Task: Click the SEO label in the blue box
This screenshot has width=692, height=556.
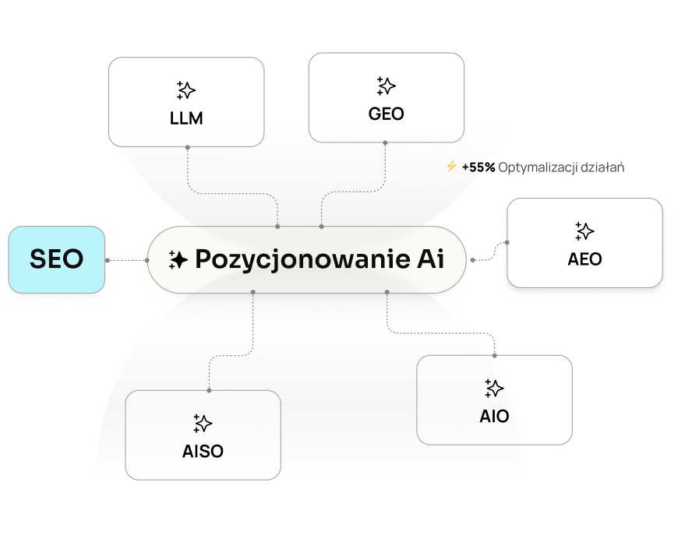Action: click(56, 259)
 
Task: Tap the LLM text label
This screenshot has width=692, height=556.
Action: click(186, 119)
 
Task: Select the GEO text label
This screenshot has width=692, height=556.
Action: click(386, 114)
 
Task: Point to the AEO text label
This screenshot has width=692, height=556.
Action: click(584, 259)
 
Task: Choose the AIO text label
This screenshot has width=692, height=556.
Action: click(494, 416)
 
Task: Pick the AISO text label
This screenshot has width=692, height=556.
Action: click(203, 451)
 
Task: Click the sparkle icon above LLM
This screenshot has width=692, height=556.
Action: click(185, 90)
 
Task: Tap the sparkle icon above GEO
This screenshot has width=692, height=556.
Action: click(386, 86)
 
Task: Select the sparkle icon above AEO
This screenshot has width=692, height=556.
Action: click(584, 230)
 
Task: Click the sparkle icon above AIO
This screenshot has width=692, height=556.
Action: click(494, 388)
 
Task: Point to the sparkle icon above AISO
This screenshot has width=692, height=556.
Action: click(203, 423)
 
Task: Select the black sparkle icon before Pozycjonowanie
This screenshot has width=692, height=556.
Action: click(178, 260)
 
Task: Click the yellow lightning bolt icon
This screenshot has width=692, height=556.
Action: click(451, 167)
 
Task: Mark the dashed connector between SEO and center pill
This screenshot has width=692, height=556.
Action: click(126, 259)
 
